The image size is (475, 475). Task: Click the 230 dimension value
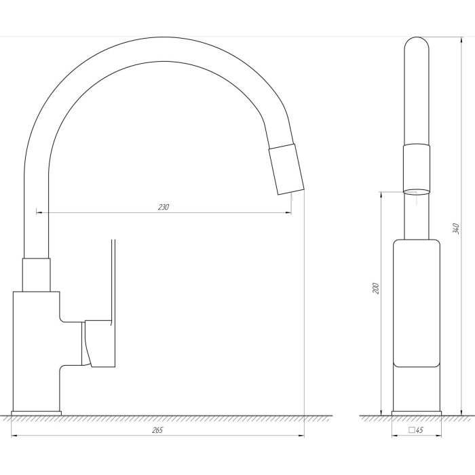pos(164,207)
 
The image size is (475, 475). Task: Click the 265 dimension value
pos(157,430)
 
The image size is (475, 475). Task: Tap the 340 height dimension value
pos(456,229)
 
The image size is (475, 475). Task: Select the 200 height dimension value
pos(376,288)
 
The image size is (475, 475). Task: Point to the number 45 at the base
pos(419,430)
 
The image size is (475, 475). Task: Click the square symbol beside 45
pos(412,430)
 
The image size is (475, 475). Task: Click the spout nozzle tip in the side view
pos(286,170)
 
